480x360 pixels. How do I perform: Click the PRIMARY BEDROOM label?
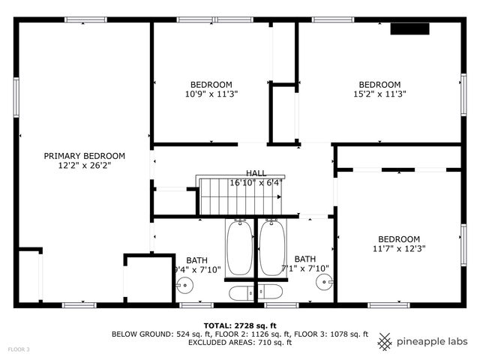pyautogui.click(x=84, y=156)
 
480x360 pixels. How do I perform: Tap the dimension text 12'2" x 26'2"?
pyautogui.click(x=84, y=166)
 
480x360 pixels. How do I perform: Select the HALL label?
pyautogui.click(x=255, y=172)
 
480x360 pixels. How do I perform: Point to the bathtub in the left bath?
pyautogui.click(x=240, y=248)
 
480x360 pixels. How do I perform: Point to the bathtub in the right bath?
pyautogui.click(x=271, y=248)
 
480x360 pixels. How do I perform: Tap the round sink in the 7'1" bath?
pyautogui.click(x=323, y=282)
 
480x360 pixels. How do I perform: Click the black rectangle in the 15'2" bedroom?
pyautogui.click(x=409, y=30)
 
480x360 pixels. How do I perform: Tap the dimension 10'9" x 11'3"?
pyautogui.click(x=211, y=94)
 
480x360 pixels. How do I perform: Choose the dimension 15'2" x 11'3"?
pyautogui.click(x=379, y=94)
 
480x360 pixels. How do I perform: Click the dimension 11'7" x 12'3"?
pyautogui.click(x=398, y=248)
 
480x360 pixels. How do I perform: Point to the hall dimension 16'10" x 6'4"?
pyautogui.click(x=256, y=182)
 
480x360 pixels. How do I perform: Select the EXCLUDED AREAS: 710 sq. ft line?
pyautogui.click(x=239, y=342)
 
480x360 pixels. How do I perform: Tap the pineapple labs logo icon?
pyautogui.click(x=385, y=341)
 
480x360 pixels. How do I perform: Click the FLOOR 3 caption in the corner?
pyautogui.click(x=19, y=349)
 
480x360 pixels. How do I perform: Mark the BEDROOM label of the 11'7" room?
pyautogui.click(x=398, y=238)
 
